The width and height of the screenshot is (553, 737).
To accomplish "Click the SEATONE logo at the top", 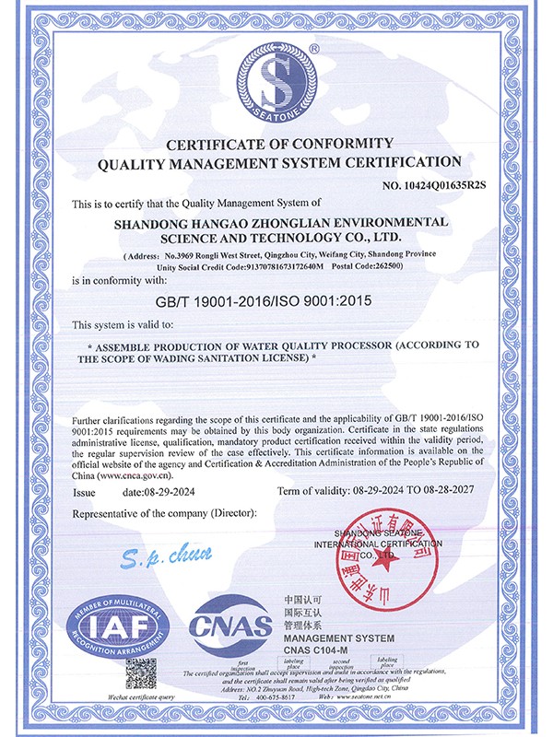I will [277, 82].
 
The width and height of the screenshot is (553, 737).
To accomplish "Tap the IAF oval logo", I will [115, 627].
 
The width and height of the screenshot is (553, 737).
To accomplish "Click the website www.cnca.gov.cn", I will [129, 477].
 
